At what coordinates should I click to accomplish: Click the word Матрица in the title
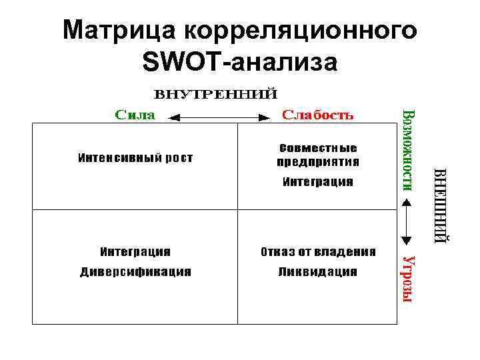120,31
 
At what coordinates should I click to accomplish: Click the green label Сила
135,115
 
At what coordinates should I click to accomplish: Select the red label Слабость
319,115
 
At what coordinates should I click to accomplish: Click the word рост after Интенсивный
179,158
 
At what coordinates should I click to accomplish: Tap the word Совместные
317,147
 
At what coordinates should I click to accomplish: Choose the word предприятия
318,161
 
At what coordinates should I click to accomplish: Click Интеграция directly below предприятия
318,181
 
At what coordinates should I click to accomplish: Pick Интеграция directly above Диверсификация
135,252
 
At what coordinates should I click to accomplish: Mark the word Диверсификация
135,272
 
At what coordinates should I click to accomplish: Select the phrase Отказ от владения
318,252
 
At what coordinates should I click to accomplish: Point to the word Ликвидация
318,272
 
